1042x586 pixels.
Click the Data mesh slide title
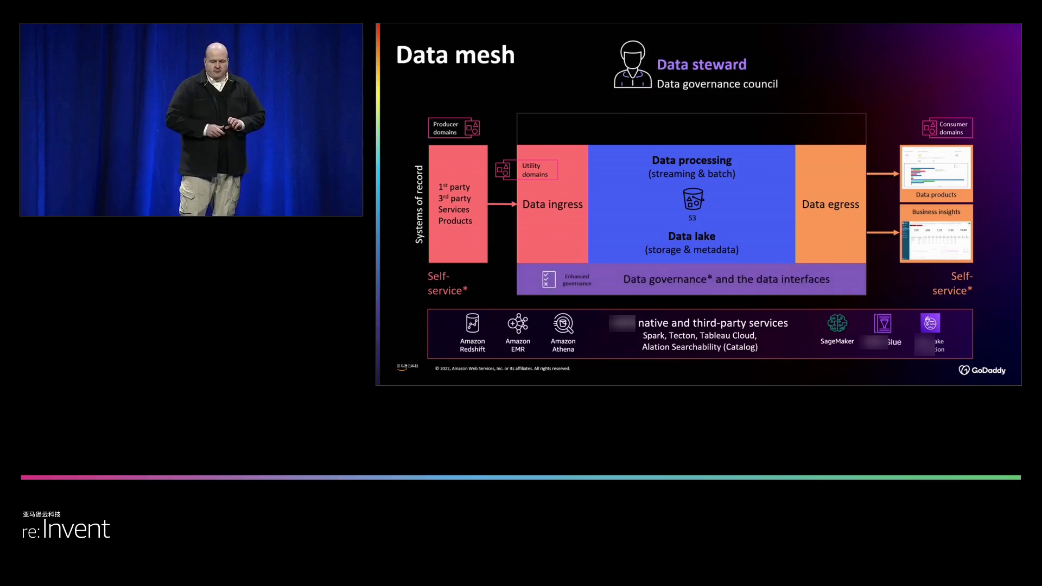click(x=455, y=55)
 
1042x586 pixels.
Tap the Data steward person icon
click(x=632, y=65)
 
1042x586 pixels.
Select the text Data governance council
click(x=717, y=84)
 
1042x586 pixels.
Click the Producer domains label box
click(x=454, y=128)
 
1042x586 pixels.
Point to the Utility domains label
click(x=535, y=170)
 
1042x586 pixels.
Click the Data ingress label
click(x=552, y=205)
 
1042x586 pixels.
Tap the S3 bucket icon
click(x=692, y=199)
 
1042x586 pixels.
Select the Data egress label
click(x=830, y=205)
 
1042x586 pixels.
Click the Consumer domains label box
click(x=947, y=128)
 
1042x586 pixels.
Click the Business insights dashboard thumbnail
click(x=936, y=239)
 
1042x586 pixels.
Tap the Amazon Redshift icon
click(x=472, y=323)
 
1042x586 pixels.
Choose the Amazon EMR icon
click(x=518, y=323)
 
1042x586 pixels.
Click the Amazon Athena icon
click(x=563, y=323)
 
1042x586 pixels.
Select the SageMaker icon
click(x=837, y=323)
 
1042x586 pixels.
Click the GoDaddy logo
click(x=982, y=370)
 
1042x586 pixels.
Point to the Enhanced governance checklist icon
click(x=549, y=279)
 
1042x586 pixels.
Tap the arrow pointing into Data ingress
click(x=502, y=204)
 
